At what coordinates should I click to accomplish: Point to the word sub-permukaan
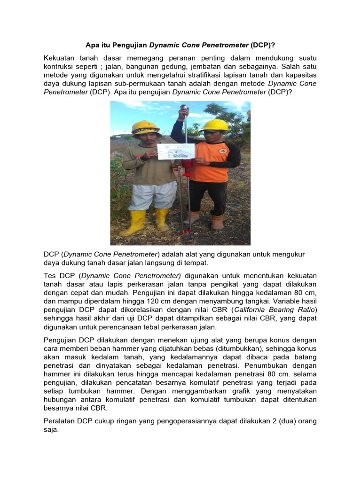(131, 83)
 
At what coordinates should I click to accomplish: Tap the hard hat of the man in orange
(214, 125)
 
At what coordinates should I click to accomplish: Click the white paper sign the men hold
(175, 151)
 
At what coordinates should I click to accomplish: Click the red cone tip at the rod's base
(187, 231)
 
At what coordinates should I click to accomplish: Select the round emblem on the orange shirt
(222, 151)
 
